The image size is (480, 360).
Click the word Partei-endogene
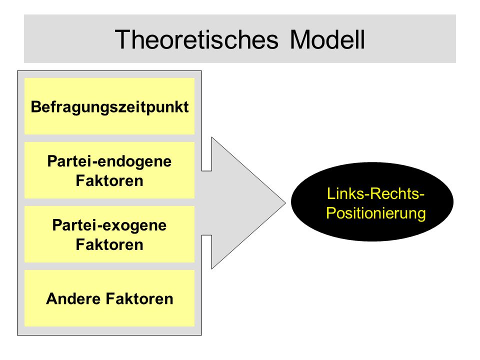point(109,161)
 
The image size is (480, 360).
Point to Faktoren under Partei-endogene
point(109,180)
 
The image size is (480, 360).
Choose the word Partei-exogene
point(109,225)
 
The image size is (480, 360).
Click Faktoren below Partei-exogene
point(109,245)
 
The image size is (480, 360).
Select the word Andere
point(74,299)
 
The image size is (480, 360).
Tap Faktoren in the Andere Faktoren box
point(139,299)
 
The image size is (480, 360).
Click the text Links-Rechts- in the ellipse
point(375,193)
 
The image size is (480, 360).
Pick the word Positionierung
point(375,213)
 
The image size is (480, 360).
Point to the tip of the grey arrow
point(285,202)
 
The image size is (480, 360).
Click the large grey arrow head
point(242,202)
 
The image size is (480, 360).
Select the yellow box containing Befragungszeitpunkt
point(109,106)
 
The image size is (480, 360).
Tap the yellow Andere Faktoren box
point(109,298)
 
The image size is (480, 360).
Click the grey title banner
point(240,39)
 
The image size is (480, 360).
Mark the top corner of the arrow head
point(212,137)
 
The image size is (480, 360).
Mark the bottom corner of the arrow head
point(212,269)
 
